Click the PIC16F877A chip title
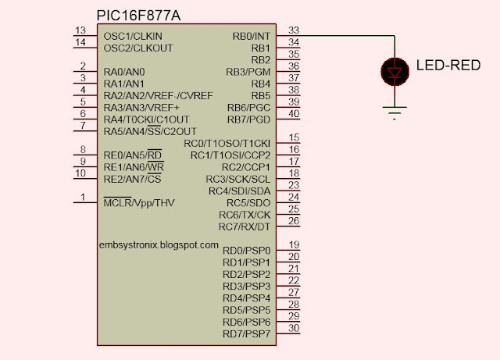[x=145, y=16]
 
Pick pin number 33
[x=294, y=30]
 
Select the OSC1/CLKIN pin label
[x=134, y=36]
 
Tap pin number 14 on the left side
[x=80, y=41]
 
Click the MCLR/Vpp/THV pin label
[x=139, y=203]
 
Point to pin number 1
[x=80, y=197]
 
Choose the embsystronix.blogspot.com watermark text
[x=159, y=244]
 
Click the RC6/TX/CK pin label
[x=244, y=215]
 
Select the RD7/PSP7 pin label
[x=246, y=334]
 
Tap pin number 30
[x=294, y=329]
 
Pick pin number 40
[x=294, y=114]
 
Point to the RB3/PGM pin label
[x=248, y=72]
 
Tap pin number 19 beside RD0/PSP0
[x=294, y=245]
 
